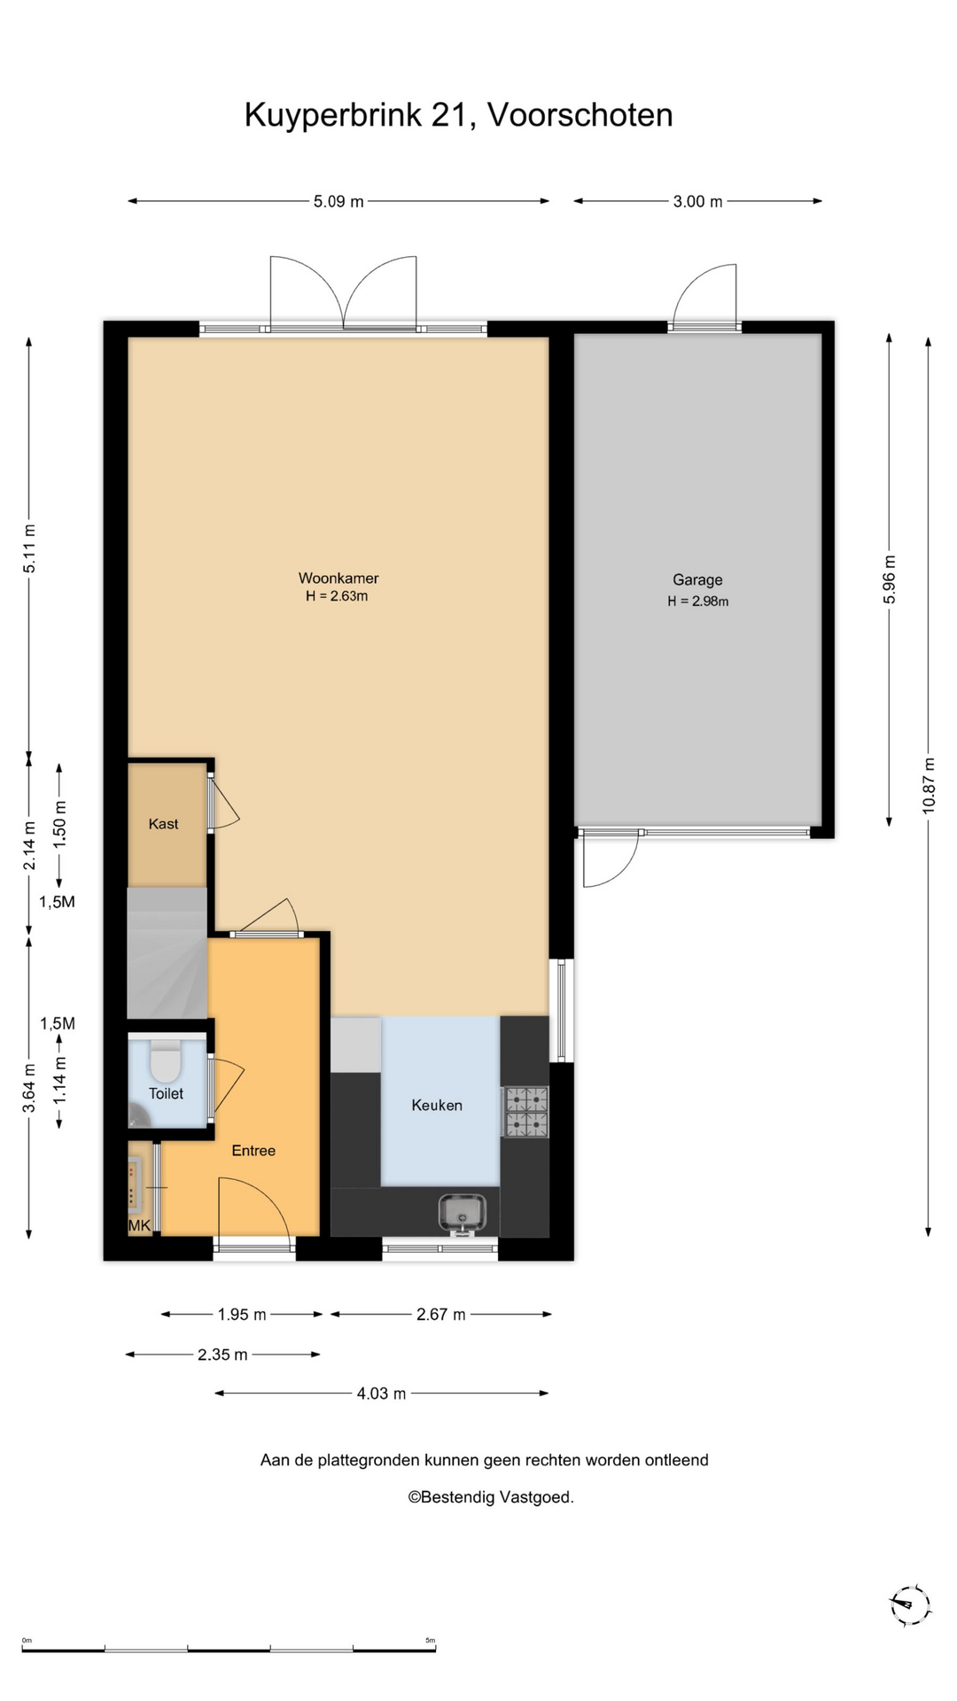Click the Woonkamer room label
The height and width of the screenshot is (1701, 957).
[338, 579]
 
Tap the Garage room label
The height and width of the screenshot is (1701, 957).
[697, 580]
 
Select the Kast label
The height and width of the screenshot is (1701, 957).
[164, 824]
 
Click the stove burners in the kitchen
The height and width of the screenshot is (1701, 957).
[526, 1112]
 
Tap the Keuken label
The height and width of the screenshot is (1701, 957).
[437, 1105]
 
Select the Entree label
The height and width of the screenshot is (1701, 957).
[253, 1151]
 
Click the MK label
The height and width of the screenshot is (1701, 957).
[139, 1226]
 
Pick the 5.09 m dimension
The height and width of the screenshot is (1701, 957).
[338, 201]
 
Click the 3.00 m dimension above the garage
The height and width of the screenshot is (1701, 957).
[698, 201]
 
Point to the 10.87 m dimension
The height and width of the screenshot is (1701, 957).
[929, 786]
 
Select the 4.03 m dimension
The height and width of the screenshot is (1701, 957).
[382, 1394]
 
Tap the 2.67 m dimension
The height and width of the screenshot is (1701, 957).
[441, 1315]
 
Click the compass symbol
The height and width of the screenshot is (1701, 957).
[910, 1605]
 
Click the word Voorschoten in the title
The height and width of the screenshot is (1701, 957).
[580, 115]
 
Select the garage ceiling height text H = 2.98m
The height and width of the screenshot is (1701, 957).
[698, 602]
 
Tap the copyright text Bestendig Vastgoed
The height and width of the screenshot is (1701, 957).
[491, 1497]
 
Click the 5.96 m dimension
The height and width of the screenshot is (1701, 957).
[889, 580]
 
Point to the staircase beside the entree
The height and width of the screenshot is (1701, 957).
[167, 953]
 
